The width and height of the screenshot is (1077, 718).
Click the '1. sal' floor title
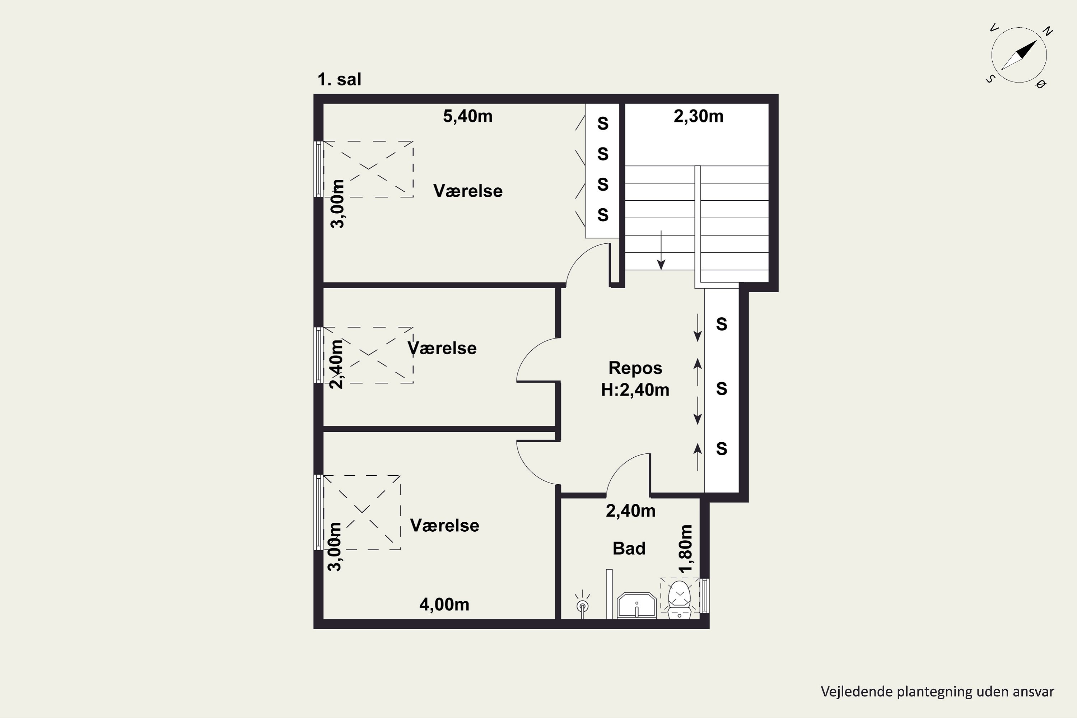pyautogui.click(x=339, y=80)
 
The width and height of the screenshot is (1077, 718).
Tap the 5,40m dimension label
pyautogui.click(x=467, y=116)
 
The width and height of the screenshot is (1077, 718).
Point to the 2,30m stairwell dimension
pyautogui.click(x=698, y=116)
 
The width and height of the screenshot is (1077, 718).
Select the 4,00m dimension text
pyautogui.click(x=444, y=605)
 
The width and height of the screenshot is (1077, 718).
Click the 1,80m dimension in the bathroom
pyautogui.click(x=686, y=549)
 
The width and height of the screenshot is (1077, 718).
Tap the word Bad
pyautogui.click(x=629, y=549)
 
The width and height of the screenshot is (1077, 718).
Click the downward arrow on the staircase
pyautogui.click(x=661, y=250)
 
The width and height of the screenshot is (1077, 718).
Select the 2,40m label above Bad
pyautogui.click(x=630, y=510)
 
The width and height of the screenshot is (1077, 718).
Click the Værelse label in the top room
pyautogui.click(x=468, y=191)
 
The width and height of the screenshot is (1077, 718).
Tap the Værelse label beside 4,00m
pyautogui.click(x=445, y=526)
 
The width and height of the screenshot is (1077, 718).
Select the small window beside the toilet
pyautogui.click(x=705, y=596)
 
